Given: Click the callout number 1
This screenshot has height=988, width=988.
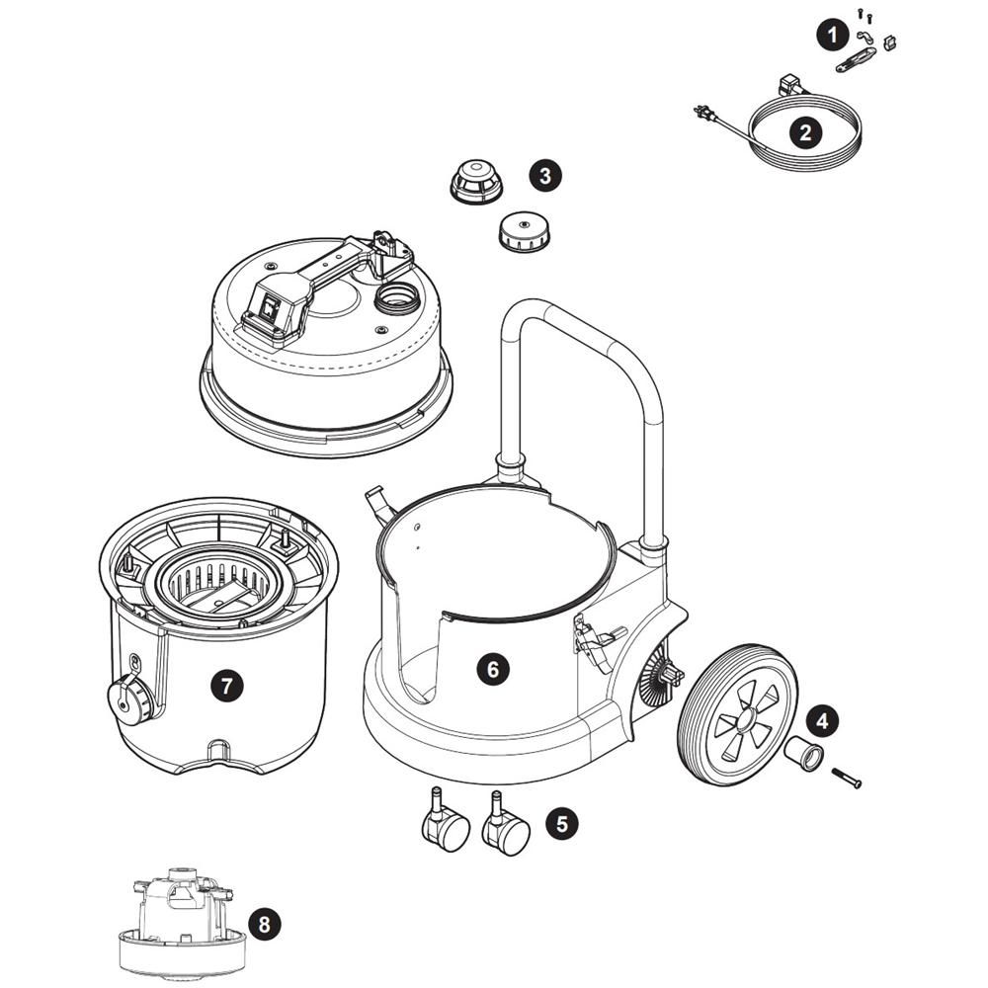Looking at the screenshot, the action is pos(832,37).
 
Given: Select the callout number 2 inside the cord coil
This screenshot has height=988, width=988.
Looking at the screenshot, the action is pos(806,132).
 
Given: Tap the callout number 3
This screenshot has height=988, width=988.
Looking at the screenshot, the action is pos(545,177).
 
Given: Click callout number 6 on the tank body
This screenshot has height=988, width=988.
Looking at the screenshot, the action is pos(493,669).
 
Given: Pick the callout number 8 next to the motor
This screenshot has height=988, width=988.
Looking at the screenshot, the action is pos(263,925).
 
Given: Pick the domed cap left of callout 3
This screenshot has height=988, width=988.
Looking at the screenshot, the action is pos(476,183).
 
